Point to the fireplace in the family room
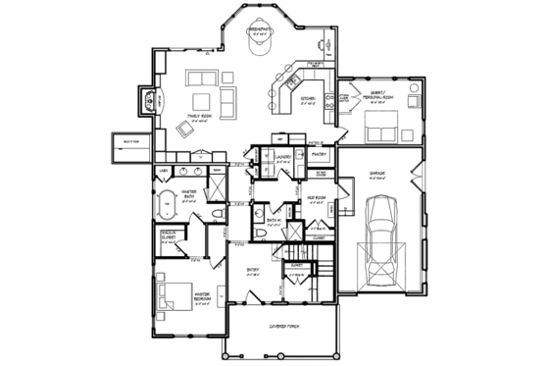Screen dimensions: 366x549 [149, 99]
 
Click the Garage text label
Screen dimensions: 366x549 [377, 173]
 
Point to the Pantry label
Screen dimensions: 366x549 [318, 154]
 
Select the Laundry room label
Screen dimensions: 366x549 [284, 155]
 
